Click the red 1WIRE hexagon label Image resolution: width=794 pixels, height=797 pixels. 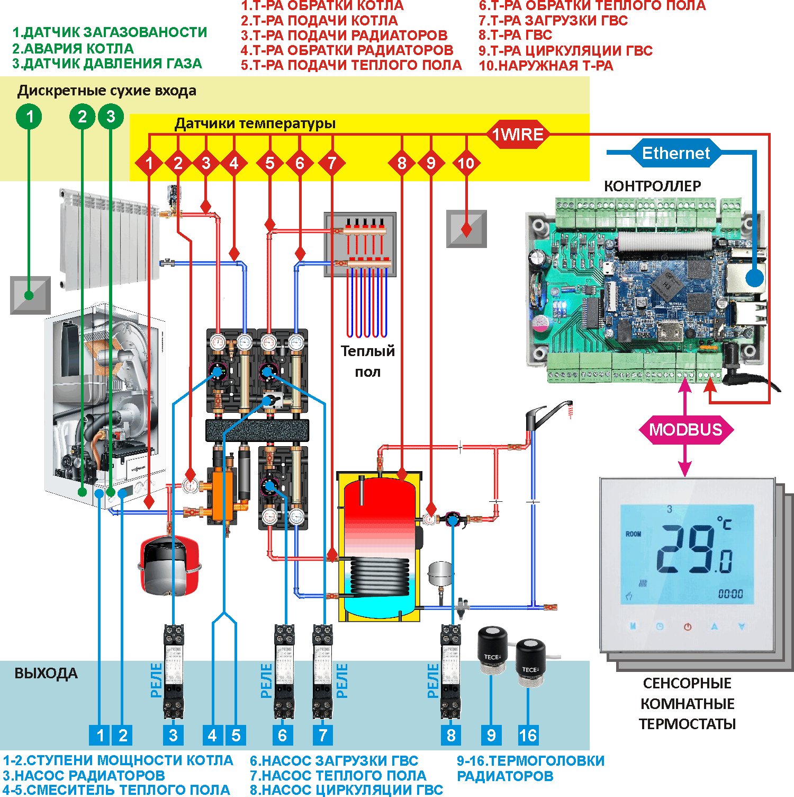pyautogui.click(x=517, y=135)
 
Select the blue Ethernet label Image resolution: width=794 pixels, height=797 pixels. pyautogui.click(x=675, y=153)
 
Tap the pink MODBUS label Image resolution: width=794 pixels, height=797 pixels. pyautogui.click(x=685, y=429)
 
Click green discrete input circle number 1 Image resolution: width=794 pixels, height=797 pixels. pyautogui.click(x=30, y=116)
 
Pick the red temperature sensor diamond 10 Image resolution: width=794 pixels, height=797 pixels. pyautogui.click(x=466, y=163)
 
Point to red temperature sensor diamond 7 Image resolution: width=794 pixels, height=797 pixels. pyautogui.click(x=332, y=163)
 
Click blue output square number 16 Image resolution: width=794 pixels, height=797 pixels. pyautogui.click(x=528, y=735)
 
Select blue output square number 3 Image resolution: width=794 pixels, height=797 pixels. pyautogui.click(x=173, y=735)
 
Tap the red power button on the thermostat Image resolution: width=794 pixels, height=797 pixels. pyautogui.click(x=687, y=627)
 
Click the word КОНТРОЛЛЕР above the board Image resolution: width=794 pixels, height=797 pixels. pyautogui.click(x=652, y=187)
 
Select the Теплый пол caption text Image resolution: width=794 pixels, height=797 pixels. pyautogui.click(x=367, y=361)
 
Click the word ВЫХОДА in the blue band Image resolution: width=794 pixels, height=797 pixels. pyautogui.click(x=46, y=674)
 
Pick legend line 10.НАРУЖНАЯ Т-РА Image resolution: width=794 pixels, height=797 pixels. pyautogui.click(x=546, y=66)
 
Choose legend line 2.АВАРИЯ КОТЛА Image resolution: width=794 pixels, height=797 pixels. pyautogui.click(x=73, y=49)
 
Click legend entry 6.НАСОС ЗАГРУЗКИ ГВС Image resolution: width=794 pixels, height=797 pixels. pyautogui.click(x=334, y=761)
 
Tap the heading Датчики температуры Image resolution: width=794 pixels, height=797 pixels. pyautogui.click(x=255, y=123)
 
